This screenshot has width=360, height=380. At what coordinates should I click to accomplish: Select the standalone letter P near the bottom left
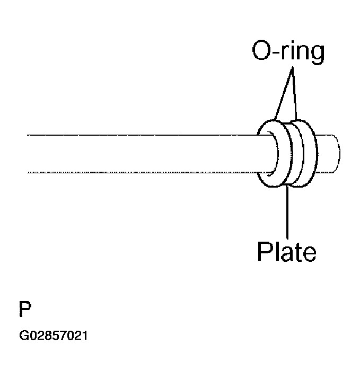[x=24, y=309]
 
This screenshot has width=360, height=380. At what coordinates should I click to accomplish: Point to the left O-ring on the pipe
[x=268, y=154]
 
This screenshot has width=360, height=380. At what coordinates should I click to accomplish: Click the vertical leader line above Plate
[x=287, y=212]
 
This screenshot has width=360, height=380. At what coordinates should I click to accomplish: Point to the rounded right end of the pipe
[x=337, y=154]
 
